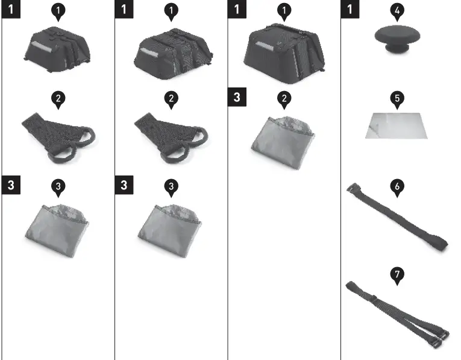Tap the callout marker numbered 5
[x=397, y=98]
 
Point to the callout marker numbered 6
[x=397, y=187]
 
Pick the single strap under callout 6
[x=397, y=219]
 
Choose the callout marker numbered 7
[x=397, y=274]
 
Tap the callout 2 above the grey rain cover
[x=284, y=99]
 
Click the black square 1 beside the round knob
[x=350, y=10]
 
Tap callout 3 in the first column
[x=57, y=186]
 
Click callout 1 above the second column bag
[x=172, y=10]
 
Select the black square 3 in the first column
[x=11, y=185]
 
